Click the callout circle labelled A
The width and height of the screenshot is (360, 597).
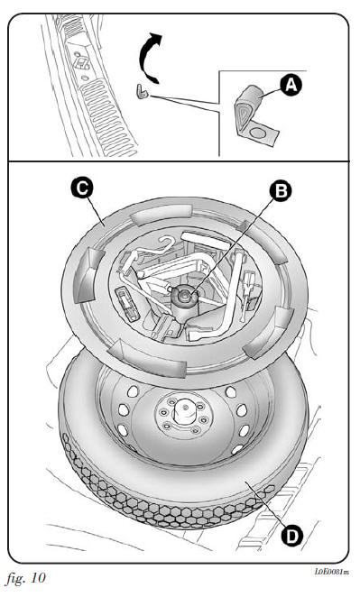click(x=291, y=85)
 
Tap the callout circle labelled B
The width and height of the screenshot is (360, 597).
click(x=281, y=191)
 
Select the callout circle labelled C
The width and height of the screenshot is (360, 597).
click(x=82, y=188)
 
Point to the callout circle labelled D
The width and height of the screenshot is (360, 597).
click(x=292, y=537)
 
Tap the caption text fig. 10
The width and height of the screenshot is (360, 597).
click(x=25, y=578)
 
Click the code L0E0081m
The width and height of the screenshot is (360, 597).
click(x=331, y=572)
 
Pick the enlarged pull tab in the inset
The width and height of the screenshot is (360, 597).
click(x=256, y=116)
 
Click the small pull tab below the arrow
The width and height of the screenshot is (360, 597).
click(x=141, y=92)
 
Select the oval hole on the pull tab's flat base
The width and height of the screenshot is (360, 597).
click(x=258, y=133)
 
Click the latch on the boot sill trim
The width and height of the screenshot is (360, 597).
click(x=81, y=63)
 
